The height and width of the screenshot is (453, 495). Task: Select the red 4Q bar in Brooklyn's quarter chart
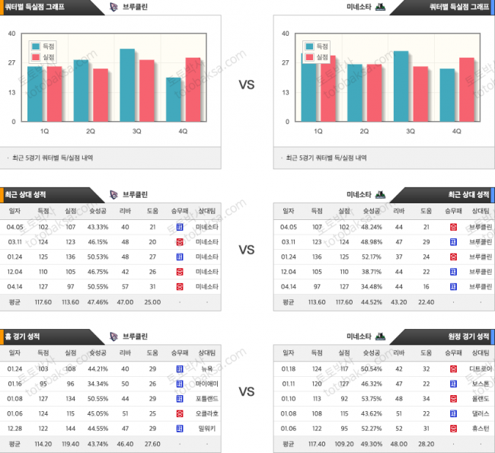tap(193, 90)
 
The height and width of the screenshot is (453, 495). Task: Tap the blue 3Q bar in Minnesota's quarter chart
tap(401, 86)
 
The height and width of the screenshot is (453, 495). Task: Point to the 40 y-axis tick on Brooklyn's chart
tap(11, 33)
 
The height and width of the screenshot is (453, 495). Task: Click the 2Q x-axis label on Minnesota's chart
tap(364, 131)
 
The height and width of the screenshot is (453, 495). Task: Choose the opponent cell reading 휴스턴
tap(481, 428)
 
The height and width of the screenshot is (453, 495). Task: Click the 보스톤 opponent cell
tap(481, 383)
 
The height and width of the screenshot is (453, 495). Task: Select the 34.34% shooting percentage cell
tap(98, 383)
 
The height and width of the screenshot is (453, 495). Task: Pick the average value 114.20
tap(43, 443)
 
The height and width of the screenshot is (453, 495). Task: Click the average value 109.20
tap(343, 443)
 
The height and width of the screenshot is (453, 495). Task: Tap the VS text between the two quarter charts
tap(247, 85)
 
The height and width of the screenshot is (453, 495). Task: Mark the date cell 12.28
tap(14, 428)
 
